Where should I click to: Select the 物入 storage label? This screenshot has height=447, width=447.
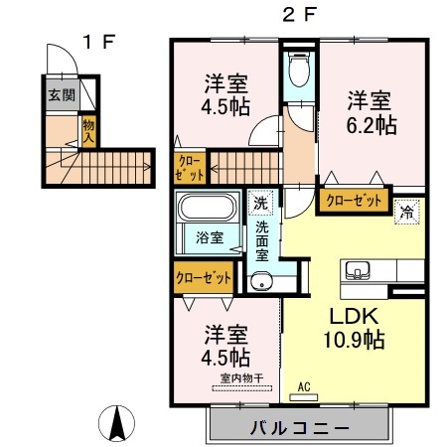coord(88,131)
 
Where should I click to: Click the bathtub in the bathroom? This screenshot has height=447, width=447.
coord(207,209)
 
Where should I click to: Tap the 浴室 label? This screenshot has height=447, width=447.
coord(209,237)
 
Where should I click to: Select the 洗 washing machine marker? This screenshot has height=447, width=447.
coord(259,202)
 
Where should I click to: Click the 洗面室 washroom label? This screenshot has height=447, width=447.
coord(261,240)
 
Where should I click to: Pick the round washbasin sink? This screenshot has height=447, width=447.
coord(261,282)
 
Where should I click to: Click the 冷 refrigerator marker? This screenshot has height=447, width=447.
coord(405,210)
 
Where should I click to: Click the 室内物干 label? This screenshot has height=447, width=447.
coord(238,377)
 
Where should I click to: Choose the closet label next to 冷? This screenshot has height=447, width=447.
coord(354,201)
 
